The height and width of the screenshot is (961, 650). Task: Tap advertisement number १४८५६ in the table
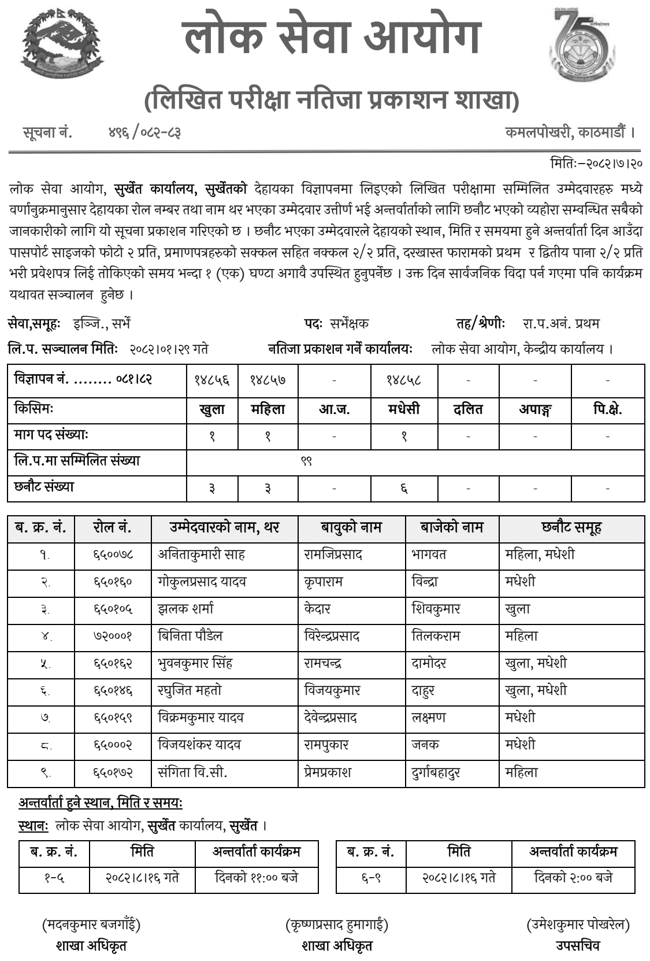pyautogui.click(x=211, y=380)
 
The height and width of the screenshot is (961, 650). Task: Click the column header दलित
pyautogui.click(x=468, y=410)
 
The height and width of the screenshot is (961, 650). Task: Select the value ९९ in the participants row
pyautogui.click(x=306, y=461)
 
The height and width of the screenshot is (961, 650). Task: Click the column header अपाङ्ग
pyautogui.click(x=535, y=410)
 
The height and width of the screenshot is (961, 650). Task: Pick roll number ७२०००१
pyautogui.click(x=113, y=636)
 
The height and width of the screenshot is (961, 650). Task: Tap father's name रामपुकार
pyautogui.click(x=326, y=745)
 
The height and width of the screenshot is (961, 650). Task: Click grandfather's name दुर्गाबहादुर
pyautogui.click(x=436, y=773)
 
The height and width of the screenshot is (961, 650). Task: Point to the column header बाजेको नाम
pyautogui.click(x=452, y=527)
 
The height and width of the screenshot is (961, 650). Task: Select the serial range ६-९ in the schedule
pyautogui.click(x=370, y=877)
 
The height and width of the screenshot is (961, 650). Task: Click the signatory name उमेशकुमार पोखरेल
pyautogui.click(x=578, y=925)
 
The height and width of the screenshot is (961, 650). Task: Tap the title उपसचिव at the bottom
pyautogui.click(x=578, y=945)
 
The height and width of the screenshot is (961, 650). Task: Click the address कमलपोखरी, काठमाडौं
pyautogui.click(x=570, y=132)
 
